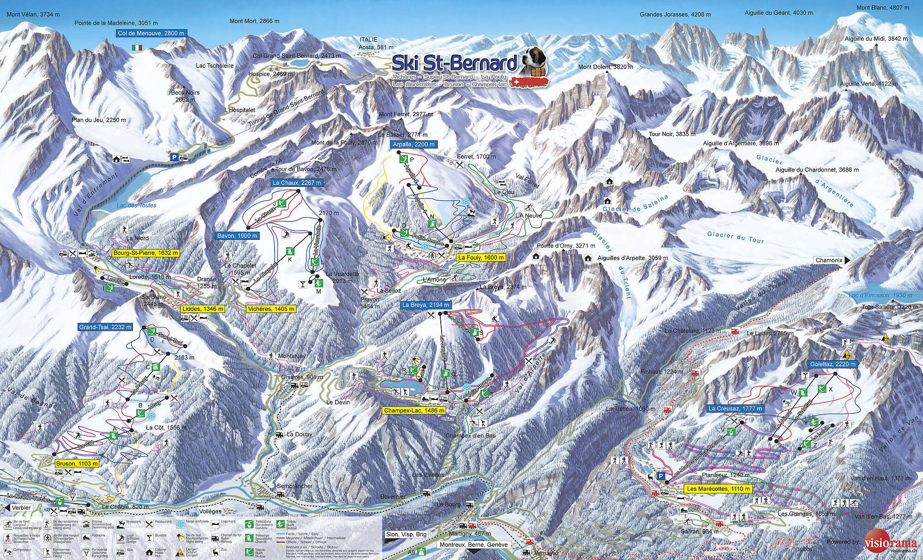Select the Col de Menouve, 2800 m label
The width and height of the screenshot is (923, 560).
click(x=151, y=33)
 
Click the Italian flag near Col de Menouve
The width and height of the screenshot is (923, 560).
click(x=137, y=48)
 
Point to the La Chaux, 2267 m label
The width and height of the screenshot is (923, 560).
click(x=297, y=183)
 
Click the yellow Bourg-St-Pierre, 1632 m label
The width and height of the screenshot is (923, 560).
click(x=145, y=253)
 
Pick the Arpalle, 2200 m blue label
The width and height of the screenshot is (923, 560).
click(x=414, y=144)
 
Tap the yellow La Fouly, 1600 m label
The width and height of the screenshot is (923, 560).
click(x=480, y=257)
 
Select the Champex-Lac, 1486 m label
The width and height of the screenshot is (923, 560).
click(x=414, y=410)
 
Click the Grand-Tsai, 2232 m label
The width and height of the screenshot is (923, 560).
click(x=105, y=327)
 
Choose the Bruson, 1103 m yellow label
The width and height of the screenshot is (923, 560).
click(x=77, y=463)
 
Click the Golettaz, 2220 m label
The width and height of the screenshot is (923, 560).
click(x=833, y=364)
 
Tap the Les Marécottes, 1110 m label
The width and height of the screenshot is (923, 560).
click(x=718, y=489)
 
